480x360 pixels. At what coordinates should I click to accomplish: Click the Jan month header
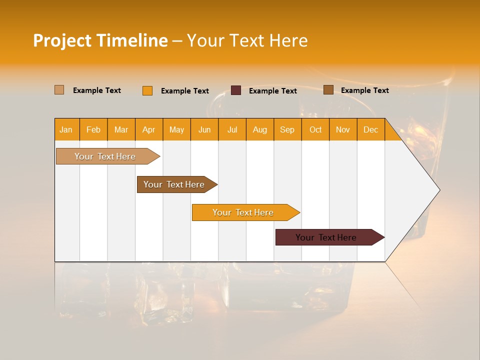66,130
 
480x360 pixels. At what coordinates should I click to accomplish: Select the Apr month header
149,130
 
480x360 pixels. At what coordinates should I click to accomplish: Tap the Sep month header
287,130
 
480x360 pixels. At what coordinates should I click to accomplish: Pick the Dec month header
370,130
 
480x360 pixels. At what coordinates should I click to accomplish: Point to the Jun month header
204,130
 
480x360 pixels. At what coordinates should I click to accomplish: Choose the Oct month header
315,130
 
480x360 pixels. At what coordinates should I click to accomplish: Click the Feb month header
93,130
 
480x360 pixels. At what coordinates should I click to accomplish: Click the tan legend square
59,90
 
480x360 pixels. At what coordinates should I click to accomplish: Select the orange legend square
147,90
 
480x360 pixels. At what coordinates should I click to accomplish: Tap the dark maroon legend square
235,90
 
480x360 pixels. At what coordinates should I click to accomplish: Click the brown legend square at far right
328,90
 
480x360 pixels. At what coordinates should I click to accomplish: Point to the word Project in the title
62,40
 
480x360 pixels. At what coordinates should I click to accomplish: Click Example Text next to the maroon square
273,91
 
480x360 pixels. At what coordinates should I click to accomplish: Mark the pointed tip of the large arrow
439,190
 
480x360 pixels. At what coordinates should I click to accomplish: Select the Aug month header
260,130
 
